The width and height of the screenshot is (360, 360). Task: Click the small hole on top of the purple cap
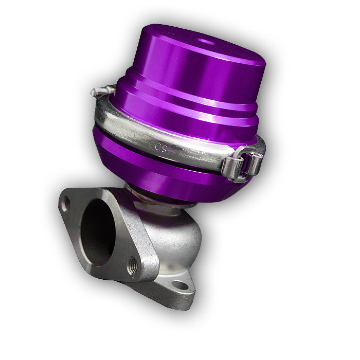point(206,42)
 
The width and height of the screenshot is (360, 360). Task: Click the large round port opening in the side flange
point(98,231)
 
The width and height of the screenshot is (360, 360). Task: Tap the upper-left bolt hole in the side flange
point(65,204)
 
